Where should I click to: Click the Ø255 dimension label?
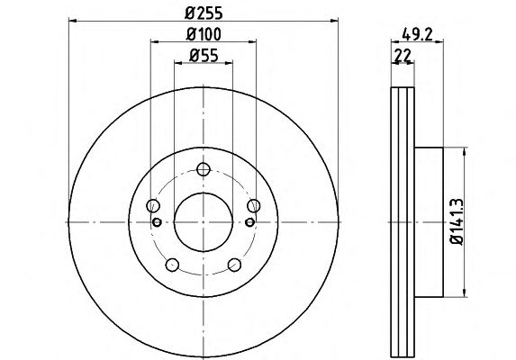click(x=204, y=13)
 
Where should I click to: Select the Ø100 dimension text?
click(x=204, y=34)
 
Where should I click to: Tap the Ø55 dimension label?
click(x=204, y=55)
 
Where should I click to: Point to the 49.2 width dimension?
click(x=417, y=34)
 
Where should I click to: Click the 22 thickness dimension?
click(x=403, y=56)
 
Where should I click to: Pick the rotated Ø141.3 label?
click(x=457, y=221)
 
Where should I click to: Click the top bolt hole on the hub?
click(x=204, y=169)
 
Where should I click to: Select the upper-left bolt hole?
click(x=153, y=206)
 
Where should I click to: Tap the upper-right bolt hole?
click(x=254, y=206)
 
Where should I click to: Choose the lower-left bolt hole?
click(x=172, y=265)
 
